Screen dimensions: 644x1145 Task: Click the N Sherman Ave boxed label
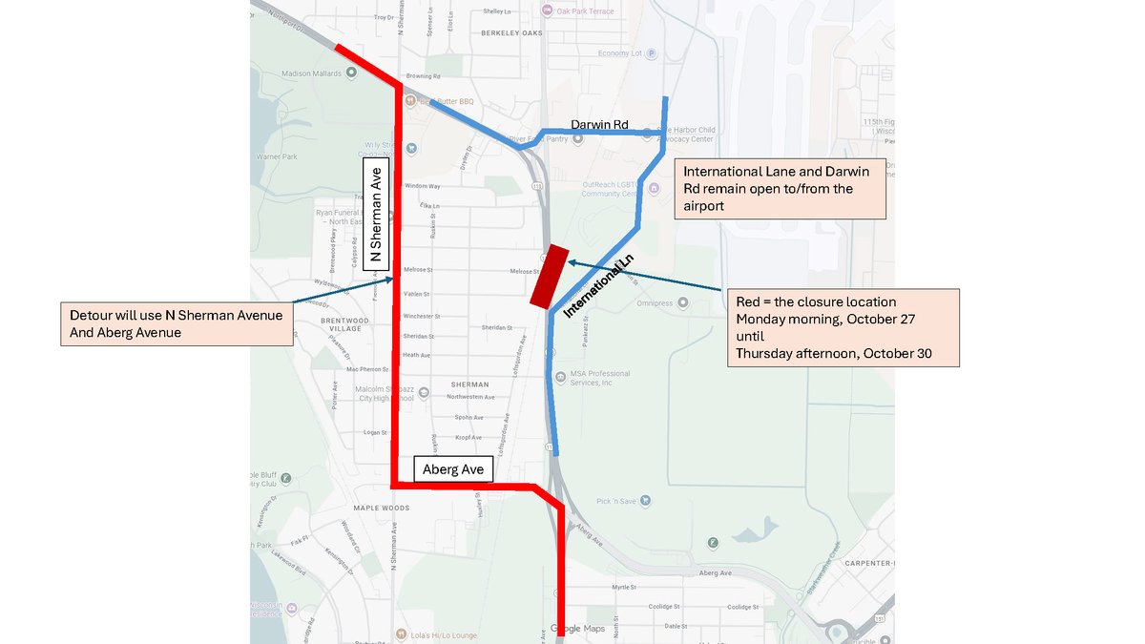pos(376,213)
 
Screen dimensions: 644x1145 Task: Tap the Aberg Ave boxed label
pos(453,469)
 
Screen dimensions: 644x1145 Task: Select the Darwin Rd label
pos(600,124)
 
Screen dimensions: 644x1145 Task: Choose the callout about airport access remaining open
pos(780,189)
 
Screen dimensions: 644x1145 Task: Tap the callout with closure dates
pos(841,327)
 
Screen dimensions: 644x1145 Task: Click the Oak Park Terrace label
pos(585,11)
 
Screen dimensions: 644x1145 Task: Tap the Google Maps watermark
pos(578,629)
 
